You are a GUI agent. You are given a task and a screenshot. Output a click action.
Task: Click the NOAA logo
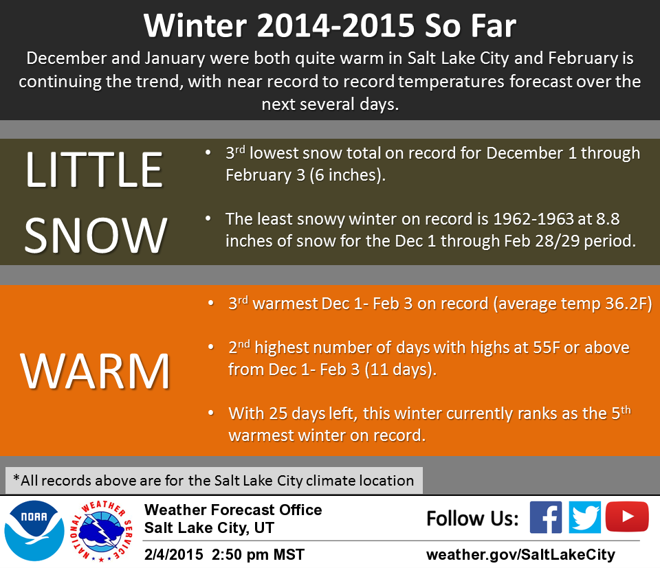coord(34,531)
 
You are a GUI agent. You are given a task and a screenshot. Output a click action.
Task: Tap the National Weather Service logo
coord(101,531)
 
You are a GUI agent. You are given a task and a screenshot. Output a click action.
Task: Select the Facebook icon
coord(545,517)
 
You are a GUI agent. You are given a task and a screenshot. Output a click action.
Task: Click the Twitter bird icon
coord(584,517)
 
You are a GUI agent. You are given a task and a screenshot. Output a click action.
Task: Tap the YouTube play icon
coord(627,516)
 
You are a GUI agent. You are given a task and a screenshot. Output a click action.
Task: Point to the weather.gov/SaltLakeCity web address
coord(520,554)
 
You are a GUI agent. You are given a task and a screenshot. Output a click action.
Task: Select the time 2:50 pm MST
coord(258,554)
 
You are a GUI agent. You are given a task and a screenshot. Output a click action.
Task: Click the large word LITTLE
coord(94,170)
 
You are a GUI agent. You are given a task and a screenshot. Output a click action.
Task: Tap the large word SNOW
coord(96,235)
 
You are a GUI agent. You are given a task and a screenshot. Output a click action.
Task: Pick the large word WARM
coord(95,371)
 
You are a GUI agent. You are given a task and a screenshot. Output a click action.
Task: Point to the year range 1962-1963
coord(533,218)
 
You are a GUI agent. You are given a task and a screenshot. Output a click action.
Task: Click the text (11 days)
coord(400,370)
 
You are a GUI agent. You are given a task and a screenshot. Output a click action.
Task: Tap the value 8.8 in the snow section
coord(607,218)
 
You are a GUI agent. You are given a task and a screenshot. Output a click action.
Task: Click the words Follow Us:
coord(472,519)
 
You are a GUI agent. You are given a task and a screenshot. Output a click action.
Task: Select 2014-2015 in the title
coord(336,26)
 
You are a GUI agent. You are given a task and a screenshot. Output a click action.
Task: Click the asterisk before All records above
coord(16,477)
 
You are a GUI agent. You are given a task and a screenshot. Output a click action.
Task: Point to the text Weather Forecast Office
coord(233,510)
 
